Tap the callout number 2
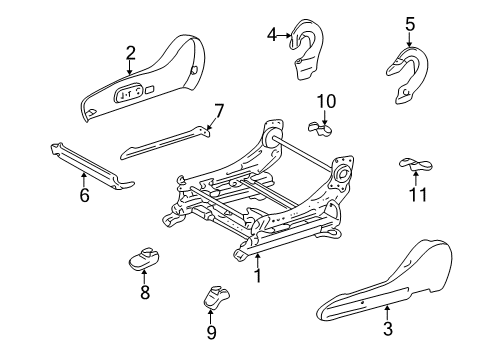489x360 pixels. (x=130, y=53)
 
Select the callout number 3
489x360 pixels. (x=388, y=327)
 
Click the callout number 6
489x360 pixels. (x=84, y=195)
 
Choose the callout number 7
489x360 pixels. (x=219, y=109)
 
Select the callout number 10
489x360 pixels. (x=326, y=100)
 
